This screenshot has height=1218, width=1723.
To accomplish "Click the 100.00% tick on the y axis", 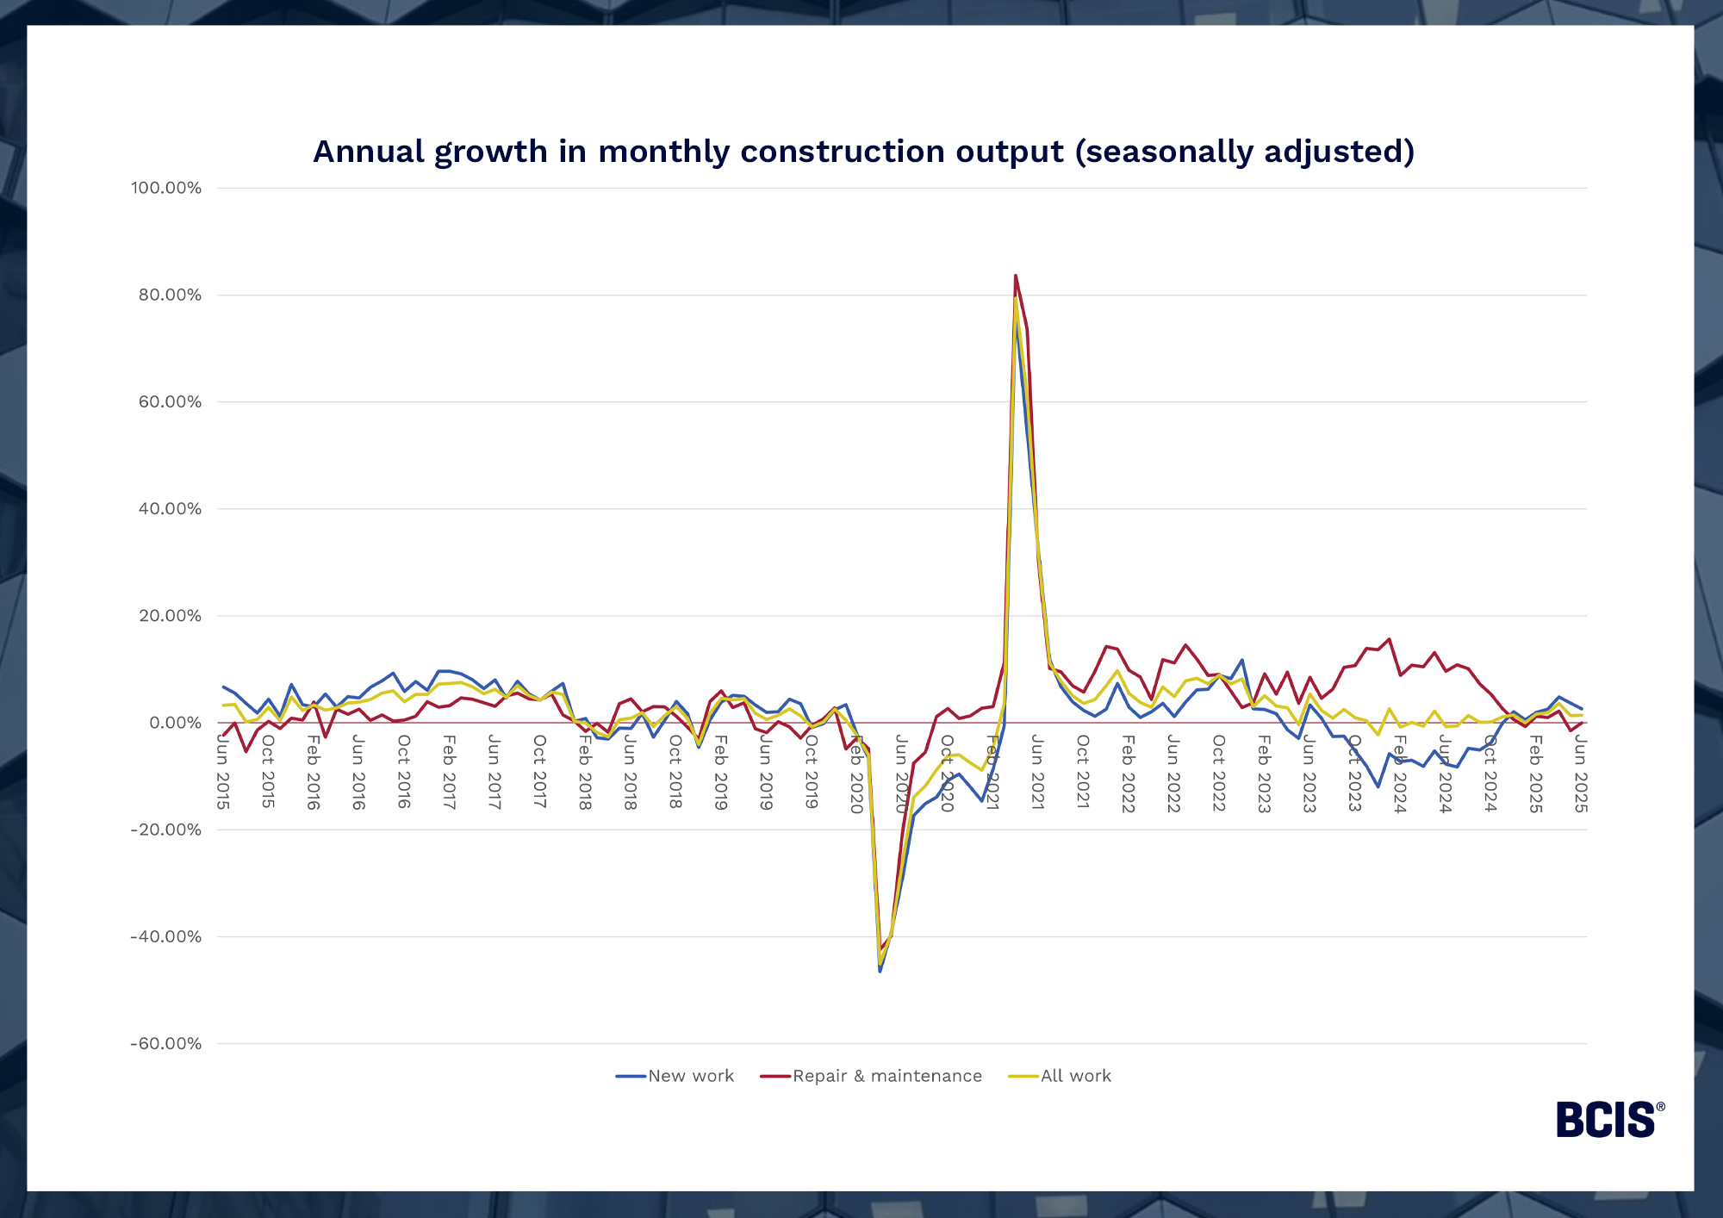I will pyautogui.click(x=165, y=188).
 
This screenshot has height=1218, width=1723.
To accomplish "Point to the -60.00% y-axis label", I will pyautogui.click(x=165, y=1044).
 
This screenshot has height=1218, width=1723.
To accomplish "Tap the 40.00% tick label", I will pyautogui.click(x=170, y=509).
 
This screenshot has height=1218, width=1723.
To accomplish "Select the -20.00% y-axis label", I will pyautogui.click(x=165, y=830).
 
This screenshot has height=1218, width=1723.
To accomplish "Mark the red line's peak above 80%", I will pyautogui.click(x=1016, y=276).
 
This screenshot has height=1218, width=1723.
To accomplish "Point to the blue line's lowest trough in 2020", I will pyautogui.click(x=880, y=971).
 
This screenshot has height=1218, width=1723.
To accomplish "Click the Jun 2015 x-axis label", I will pyautogui.click(x=222, y=773).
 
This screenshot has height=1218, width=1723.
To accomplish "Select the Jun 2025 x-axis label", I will pyautogui.click(x=1580, y=773).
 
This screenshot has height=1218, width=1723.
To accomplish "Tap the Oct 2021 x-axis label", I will pyautogui.click(x=1083, y=773).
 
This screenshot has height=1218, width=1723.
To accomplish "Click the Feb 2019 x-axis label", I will pyautogui.click(x=721, y=773).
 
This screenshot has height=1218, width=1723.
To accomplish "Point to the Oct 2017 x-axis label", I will pyautogui.click(x=539, y=773).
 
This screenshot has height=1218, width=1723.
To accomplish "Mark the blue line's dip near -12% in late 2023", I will pyautogui.click(x=1378, y=786).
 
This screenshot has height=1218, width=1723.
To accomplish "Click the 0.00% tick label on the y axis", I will pyautogui.click(x=175, y=724).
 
